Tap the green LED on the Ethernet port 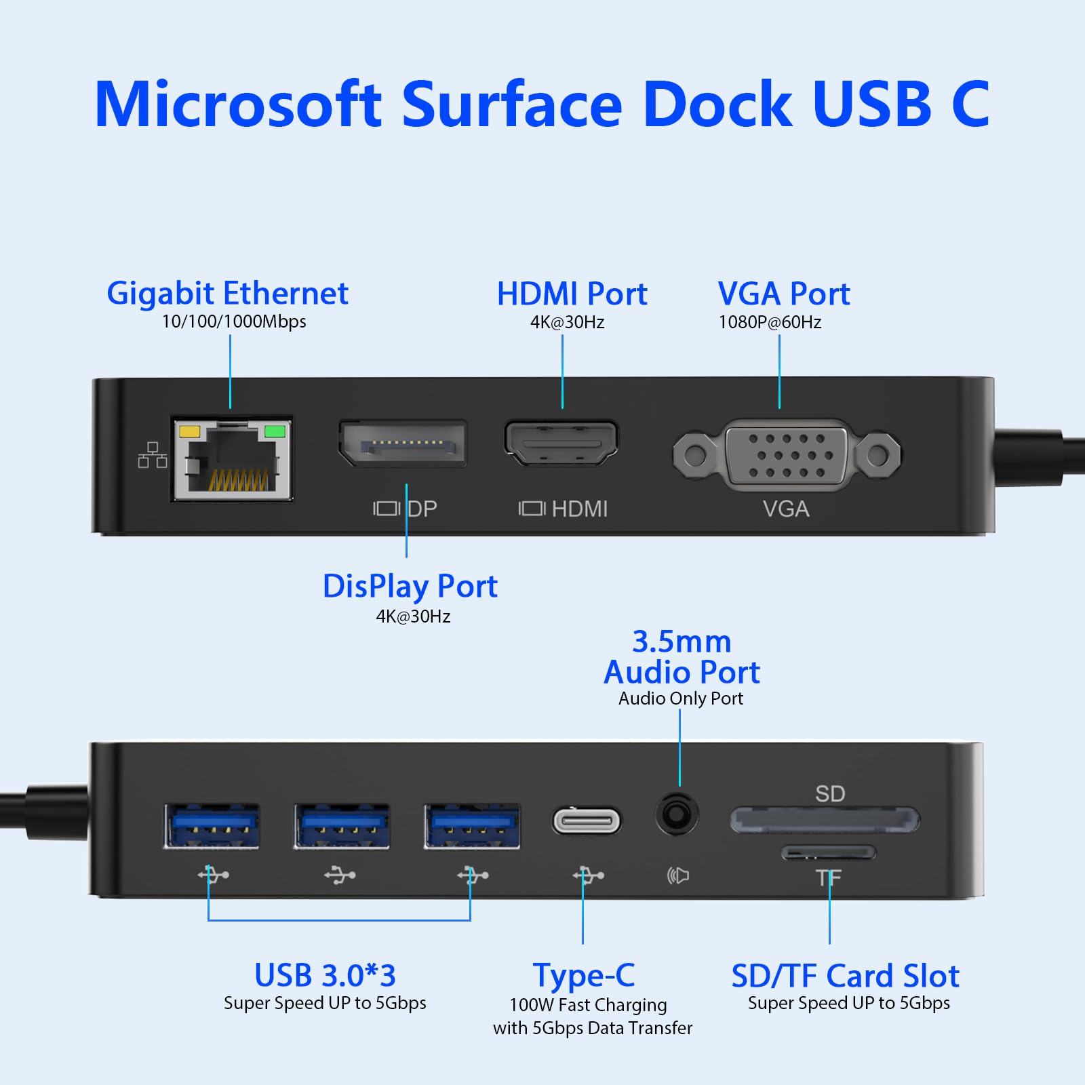pyautogui.click(x=275, y=431)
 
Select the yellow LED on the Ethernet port pyautogui.click(x=189, y=431)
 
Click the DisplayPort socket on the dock pyautogui.click(x=403, y=444)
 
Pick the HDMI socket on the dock pyautogui.click(x=561, y=443)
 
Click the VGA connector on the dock pyautogui.click(x=787, y=454)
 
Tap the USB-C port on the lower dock pyautogui.click(x=587, y=821)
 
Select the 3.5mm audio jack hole pyautogui.click(x=676, y=813)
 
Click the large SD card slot pyautogui.click(x=824, y=820)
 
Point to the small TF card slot pyautogui.click(x=829, y=852)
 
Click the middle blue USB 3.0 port pyautogui.click(x=342, y=826)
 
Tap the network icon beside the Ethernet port pyautogui.click(x=153, y=455)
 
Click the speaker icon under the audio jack pyautogui.click(x=677, y=875)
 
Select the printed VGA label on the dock pyautogui.click(x=786, y=509)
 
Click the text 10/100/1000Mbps pyautogui.click(x=234, y=321)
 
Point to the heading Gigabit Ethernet pyautogui.click(x=227, y=294)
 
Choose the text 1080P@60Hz pyautogui.click(x=770, y=322)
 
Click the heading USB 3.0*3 pyautogui.click(x=325, y=976)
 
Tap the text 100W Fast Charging pyautogui.click(x=588, y=1005)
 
